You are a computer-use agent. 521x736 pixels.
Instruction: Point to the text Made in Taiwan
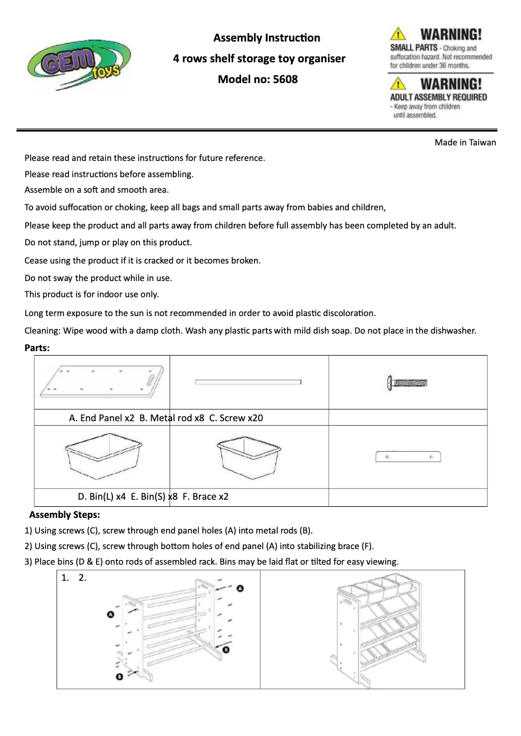tap(465, 143)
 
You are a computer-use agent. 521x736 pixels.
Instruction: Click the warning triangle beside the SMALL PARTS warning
tap(398, 34)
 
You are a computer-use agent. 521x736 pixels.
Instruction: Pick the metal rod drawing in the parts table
tap(249, 382)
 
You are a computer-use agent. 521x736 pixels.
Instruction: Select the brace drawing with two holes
tap(408, 457)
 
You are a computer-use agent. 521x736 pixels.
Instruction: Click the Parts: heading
tap(37, 347)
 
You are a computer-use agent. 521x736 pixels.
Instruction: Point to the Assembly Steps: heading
tap(64, 515)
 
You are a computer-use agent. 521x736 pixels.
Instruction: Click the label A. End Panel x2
tap(101, 418)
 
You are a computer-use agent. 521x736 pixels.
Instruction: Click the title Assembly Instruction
tap(266, 38)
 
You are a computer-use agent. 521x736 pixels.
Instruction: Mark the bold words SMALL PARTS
tap(413, 48)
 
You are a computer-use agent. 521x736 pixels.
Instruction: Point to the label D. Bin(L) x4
tap(101, 497)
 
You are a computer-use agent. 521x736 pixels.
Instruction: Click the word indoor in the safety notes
tap(106, 294)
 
